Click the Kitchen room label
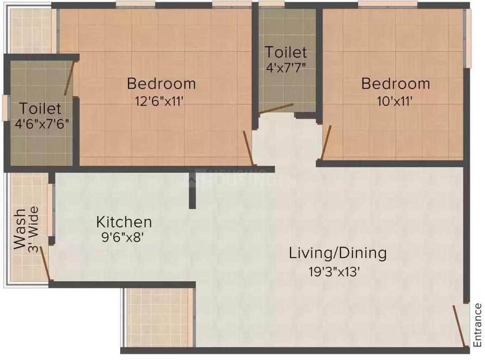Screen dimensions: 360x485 tap(124, 221)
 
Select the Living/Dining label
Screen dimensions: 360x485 tap(338, 253)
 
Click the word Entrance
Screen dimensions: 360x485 tap(477, 324)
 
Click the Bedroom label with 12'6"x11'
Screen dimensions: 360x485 tap(161, 84)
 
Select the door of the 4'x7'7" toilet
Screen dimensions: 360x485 tap(276, 109)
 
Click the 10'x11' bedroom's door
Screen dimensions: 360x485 tap(326, 139)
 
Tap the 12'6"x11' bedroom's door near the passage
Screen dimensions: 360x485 tap(248, 148)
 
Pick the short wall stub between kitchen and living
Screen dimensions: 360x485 tap(192, 189)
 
